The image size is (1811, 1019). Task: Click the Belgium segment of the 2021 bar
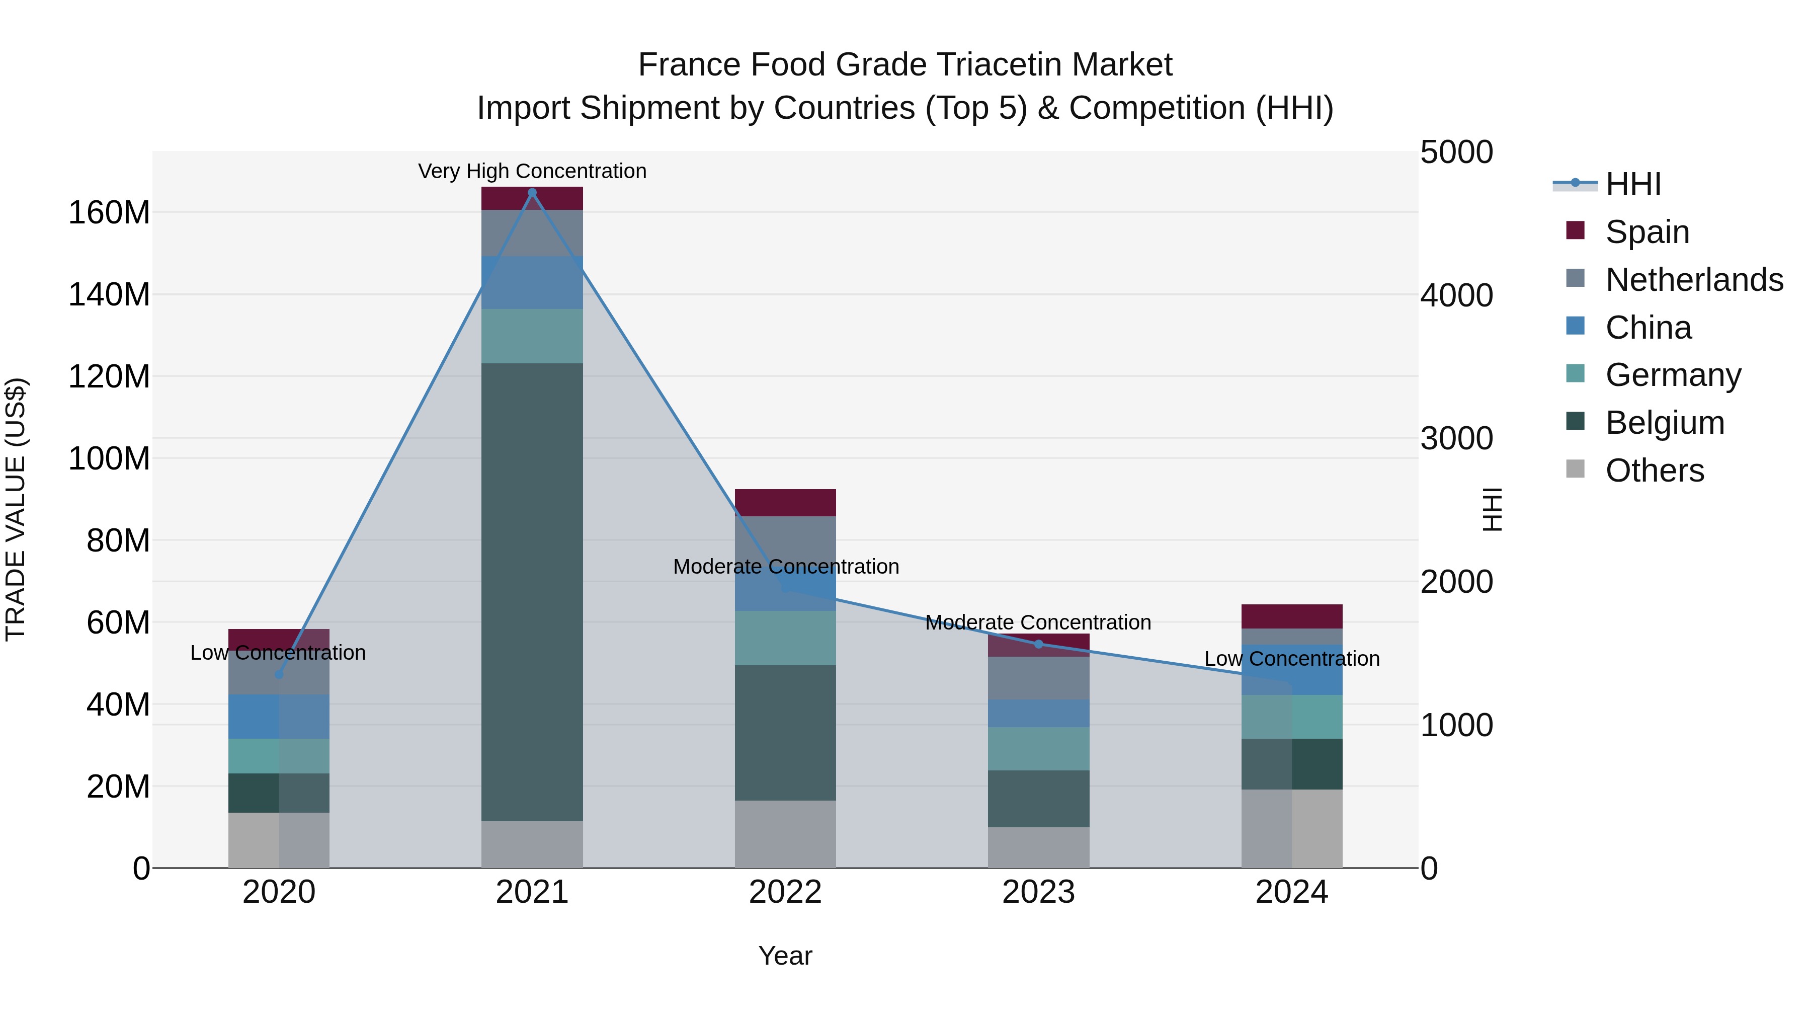[532, 591]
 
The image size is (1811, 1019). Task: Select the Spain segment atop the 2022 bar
[785, 503]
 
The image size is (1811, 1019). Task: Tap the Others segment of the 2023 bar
[1038, 847]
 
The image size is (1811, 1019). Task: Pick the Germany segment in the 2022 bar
[785, 638]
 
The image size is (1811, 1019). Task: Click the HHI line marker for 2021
[532, 193]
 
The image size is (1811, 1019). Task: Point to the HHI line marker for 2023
[1038, 644]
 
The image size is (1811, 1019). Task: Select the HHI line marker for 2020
[278, 674]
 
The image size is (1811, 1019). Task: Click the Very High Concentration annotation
[532, 171]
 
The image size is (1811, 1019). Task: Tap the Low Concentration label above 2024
[1291, 659]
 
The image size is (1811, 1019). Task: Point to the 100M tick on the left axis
[109, 458]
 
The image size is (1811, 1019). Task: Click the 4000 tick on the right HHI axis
[1456, 295]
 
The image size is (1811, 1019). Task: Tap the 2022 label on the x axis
[785, 892]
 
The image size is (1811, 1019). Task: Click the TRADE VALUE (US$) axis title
[16, 509]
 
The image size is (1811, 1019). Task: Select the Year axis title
[785, 956]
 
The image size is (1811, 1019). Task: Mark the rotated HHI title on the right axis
[1491, 509]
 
